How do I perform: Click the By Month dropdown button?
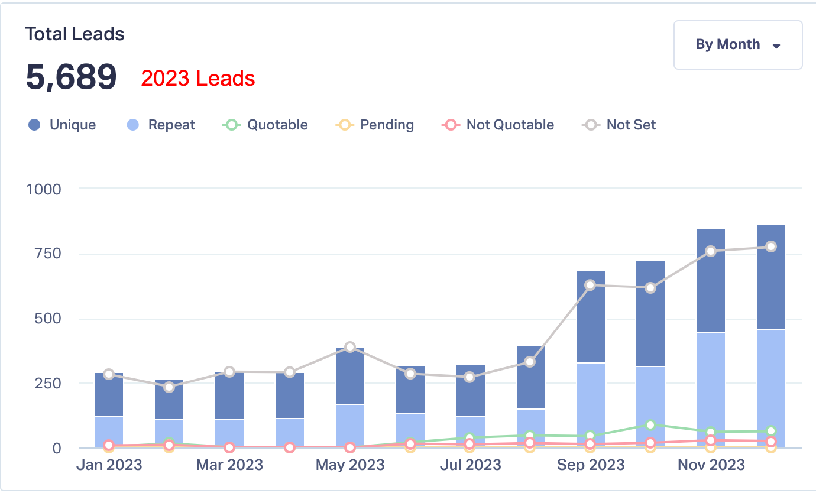click(738, 45)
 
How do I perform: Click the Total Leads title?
click(75, 34)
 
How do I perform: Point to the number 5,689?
click(71, 77)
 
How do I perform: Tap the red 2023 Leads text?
click(198, 79)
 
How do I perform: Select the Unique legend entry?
click(62, 125)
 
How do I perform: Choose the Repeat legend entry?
click(161, 125)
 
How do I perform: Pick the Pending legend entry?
click(375, 125)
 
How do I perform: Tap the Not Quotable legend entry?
click(498, 125)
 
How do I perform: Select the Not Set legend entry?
click(620, 125)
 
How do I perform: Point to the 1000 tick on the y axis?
click(44, 189)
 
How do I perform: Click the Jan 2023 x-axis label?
click(109, 465)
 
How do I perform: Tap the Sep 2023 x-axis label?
click(591, 465)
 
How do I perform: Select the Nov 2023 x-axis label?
click(711, 465)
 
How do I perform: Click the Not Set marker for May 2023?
click(350, 347)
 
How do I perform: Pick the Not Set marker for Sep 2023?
click(590, 285)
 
